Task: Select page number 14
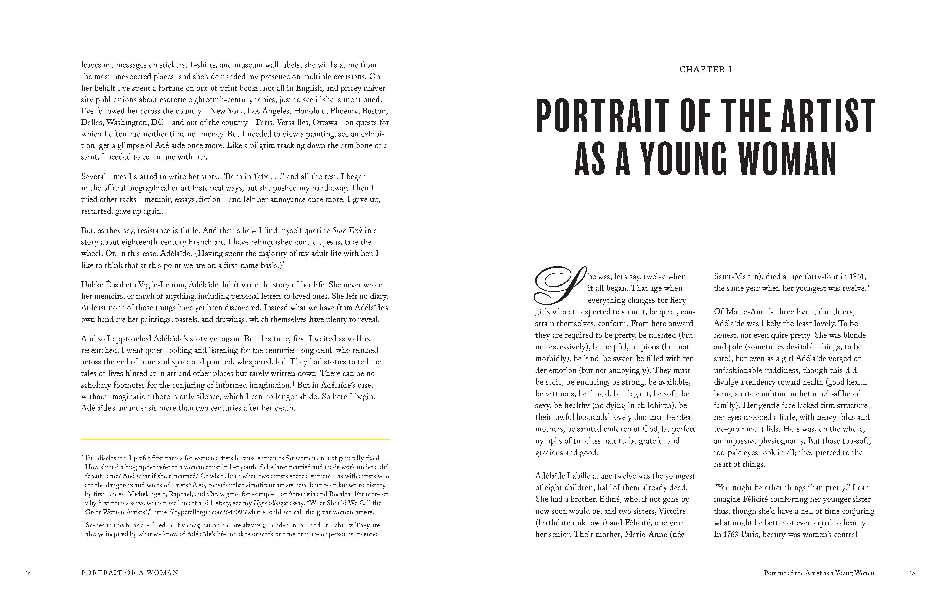pyautogui.click(x=28, y=573)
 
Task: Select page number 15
pyautogui.click(x=912, y=573)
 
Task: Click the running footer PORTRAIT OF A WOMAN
pyautogui.click(x=130, y=573)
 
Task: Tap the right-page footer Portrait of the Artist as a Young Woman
pyautogui.click(x=820, y=573)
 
